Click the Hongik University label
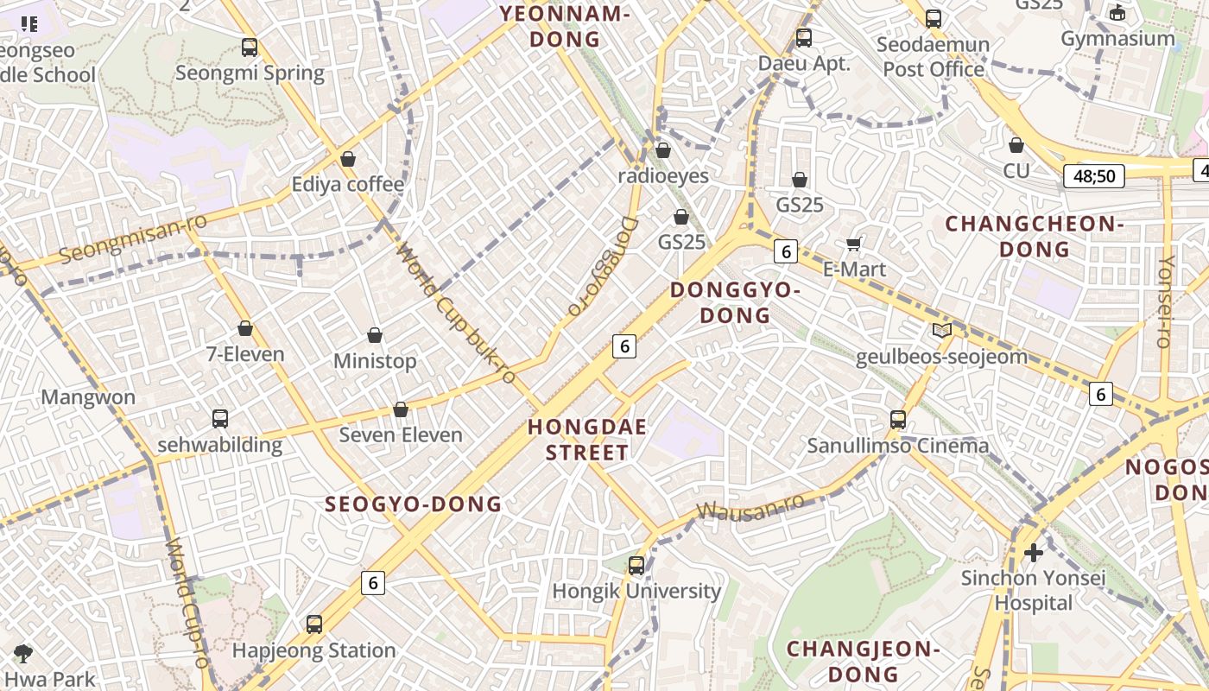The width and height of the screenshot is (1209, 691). [x=636, y=592]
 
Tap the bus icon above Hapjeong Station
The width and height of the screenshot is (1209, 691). [x=314, y=624]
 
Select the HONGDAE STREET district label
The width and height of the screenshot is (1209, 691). [x=587, y=440]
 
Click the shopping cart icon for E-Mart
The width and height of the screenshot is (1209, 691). [x=855, y=244]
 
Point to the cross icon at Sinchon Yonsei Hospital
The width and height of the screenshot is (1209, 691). [x=1033, y=552]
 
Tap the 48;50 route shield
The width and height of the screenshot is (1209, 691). [x=1095, y=177]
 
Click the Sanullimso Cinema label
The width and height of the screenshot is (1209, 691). [x=898, y=446]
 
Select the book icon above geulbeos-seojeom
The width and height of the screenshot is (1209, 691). [x=941, y=330]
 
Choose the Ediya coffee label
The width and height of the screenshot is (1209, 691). [x=347, y=184]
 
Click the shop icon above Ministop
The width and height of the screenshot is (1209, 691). [x=375, y=335]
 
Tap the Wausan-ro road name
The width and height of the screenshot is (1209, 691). [x=750, y=507]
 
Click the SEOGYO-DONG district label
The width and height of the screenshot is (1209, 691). [x=413, y=504]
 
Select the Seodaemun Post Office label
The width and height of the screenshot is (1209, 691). [x=934, y=56]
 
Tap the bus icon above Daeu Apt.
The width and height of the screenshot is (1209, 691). [x=804, y=37]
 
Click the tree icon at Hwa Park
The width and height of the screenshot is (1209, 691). [x=23, y=654]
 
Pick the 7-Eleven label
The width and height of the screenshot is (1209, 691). [x=245, y=354]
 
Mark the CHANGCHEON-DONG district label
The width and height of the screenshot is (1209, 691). [x=1034, y=237]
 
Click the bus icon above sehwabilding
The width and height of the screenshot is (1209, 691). [x=220, y=419]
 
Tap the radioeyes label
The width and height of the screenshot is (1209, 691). [x=663, y=176]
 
